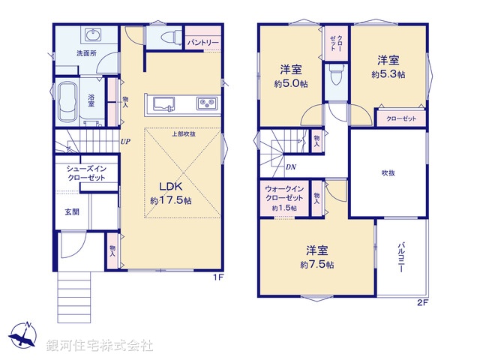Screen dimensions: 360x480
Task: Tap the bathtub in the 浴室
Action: point(66,103)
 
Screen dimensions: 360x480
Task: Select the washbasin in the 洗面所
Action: point(93,37)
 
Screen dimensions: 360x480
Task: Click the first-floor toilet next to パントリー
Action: point(166,37)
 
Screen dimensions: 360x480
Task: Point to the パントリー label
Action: point(202,42)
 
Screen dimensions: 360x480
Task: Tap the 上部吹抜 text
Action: point(183,134)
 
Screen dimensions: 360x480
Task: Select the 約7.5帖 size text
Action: point(317,264)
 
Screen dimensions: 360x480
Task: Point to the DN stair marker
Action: point(291,167)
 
